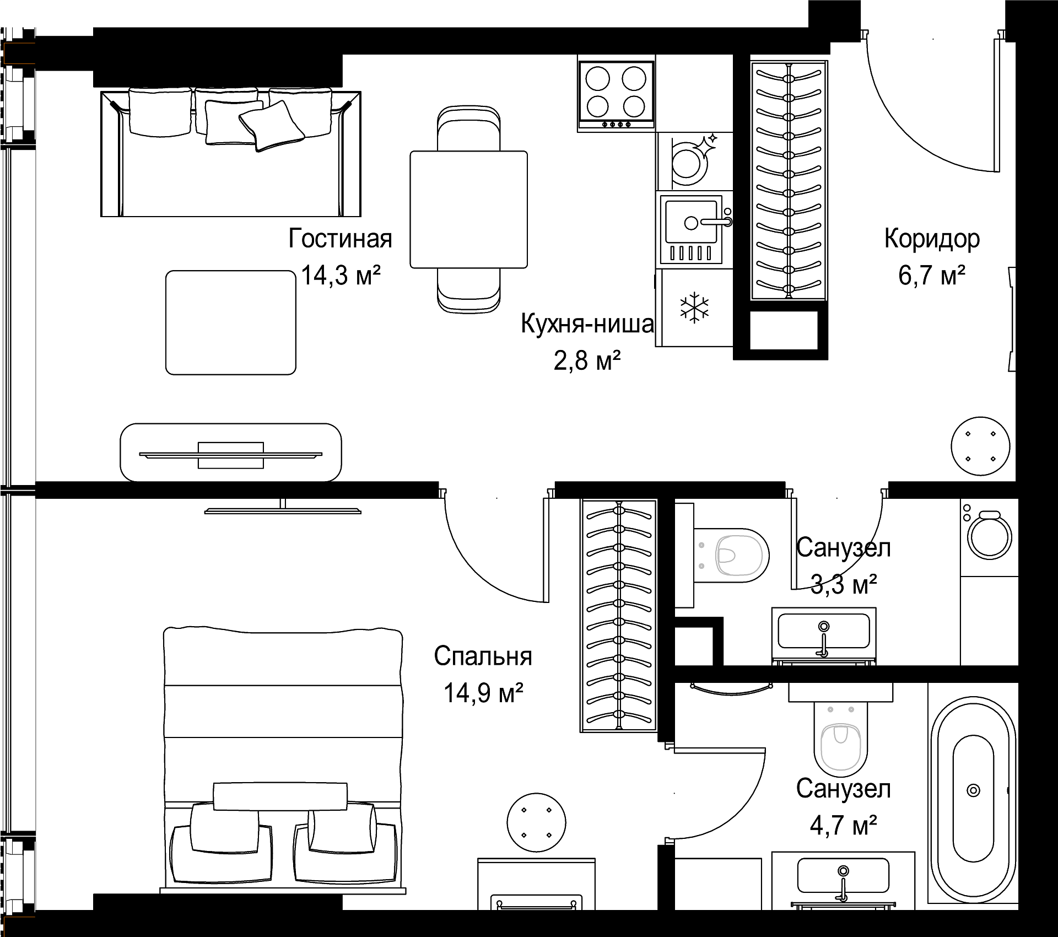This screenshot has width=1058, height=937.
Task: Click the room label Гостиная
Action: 340,239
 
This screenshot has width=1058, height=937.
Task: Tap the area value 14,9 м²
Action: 483,693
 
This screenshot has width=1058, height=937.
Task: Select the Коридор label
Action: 932,239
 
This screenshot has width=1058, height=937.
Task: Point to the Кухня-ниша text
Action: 587,324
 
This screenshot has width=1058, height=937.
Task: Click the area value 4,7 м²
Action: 843,825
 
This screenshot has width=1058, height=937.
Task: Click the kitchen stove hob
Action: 616,94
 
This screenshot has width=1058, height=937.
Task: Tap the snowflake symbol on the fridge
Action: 694,308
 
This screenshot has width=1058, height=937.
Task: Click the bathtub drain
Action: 974,790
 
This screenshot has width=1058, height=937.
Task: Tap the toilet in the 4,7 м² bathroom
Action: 840,739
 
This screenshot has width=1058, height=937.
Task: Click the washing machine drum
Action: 990,537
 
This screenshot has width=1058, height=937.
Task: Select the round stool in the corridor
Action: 981,446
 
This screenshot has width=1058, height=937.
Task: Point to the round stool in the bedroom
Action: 536,822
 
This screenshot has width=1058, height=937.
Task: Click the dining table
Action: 469,209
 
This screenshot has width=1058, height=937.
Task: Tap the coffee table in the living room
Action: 231,322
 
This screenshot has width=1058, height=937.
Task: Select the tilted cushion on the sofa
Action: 272,126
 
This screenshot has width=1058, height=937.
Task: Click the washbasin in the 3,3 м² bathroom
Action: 824,633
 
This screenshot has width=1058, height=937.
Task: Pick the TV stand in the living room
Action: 231,453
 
